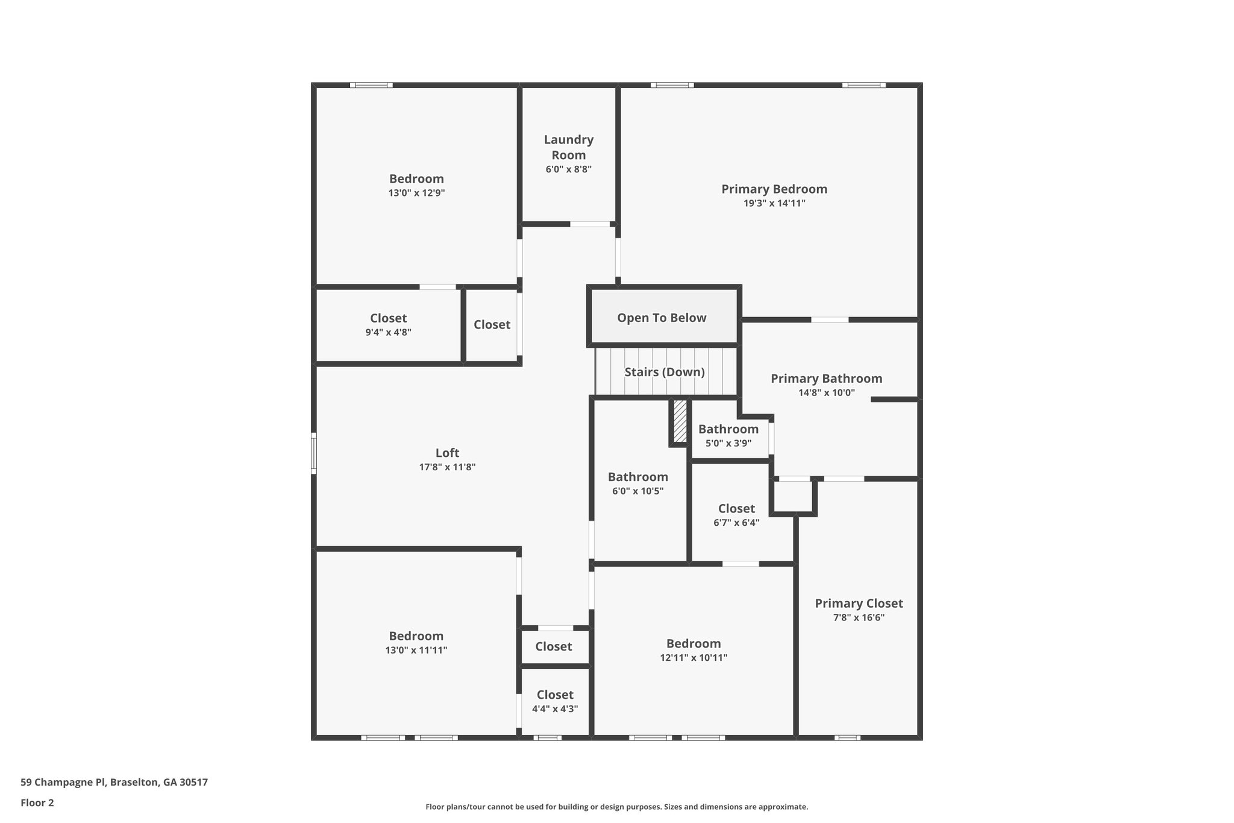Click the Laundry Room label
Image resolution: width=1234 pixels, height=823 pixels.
pos(568,147)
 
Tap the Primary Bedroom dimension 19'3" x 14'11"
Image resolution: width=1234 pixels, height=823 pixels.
pos(774,203)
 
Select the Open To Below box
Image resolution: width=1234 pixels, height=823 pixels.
pos(662,318)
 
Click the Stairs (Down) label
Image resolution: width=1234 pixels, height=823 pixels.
pos(664,372)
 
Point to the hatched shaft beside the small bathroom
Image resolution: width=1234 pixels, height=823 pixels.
pos(680,421)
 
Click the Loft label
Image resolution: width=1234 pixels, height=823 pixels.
pos(447,453)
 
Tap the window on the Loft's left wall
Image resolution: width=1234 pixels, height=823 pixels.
pos(314,453)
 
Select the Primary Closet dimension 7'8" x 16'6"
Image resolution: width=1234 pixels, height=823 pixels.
pos(859,617)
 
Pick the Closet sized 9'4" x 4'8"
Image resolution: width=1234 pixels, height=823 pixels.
pos(388,324)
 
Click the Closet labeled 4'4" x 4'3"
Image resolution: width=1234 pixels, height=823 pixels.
pos(554,701)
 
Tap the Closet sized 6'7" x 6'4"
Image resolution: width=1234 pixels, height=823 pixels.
pos(736,515)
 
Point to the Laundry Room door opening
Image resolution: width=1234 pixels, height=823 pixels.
pos(590,224)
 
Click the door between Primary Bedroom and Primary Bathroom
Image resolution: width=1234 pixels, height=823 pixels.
pos(830,320)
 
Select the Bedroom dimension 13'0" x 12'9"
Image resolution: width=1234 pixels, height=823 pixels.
pos(416,193)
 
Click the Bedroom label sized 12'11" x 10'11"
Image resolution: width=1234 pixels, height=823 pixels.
pos(693,643)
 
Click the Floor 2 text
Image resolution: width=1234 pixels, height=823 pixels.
pos(37,803)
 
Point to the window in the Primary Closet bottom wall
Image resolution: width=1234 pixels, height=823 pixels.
pos(847,737)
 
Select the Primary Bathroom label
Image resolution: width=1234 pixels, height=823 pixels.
pos(826,379)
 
